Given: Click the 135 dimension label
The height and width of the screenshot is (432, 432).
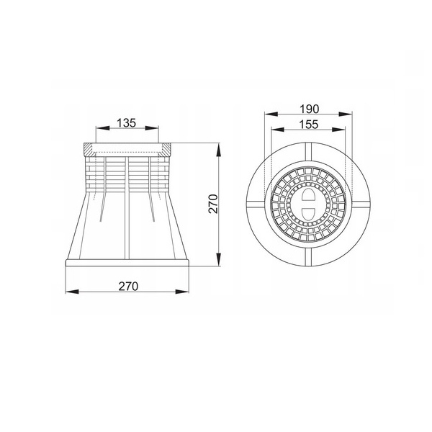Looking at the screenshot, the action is point(127,123).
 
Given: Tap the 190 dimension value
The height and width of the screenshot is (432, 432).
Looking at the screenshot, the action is point(309,109).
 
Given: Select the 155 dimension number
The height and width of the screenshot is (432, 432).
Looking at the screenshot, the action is point(309,125).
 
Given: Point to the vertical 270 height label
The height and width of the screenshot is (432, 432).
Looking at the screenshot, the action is point(213,204).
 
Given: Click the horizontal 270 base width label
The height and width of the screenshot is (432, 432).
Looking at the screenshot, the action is point(128,287).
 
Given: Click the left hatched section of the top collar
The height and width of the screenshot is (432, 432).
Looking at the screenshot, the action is point(89,149).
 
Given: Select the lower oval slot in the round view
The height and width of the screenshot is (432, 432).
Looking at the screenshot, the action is point(308,214).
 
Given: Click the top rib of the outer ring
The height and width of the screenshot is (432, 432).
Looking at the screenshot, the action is point(308,151).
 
